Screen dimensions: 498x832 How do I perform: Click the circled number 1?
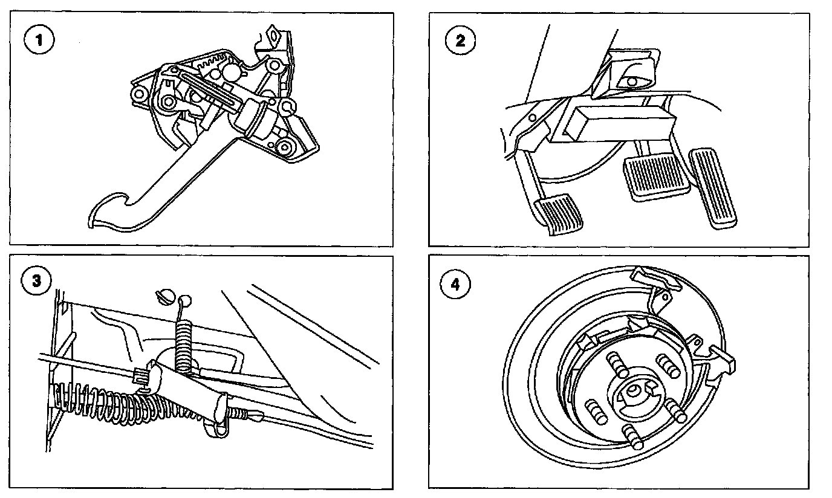39,40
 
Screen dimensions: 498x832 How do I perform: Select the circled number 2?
460,40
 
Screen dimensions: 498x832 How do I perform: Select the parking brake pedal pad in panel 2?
559,213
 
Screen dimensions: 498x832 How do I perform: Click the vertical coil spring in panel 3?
184,349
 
